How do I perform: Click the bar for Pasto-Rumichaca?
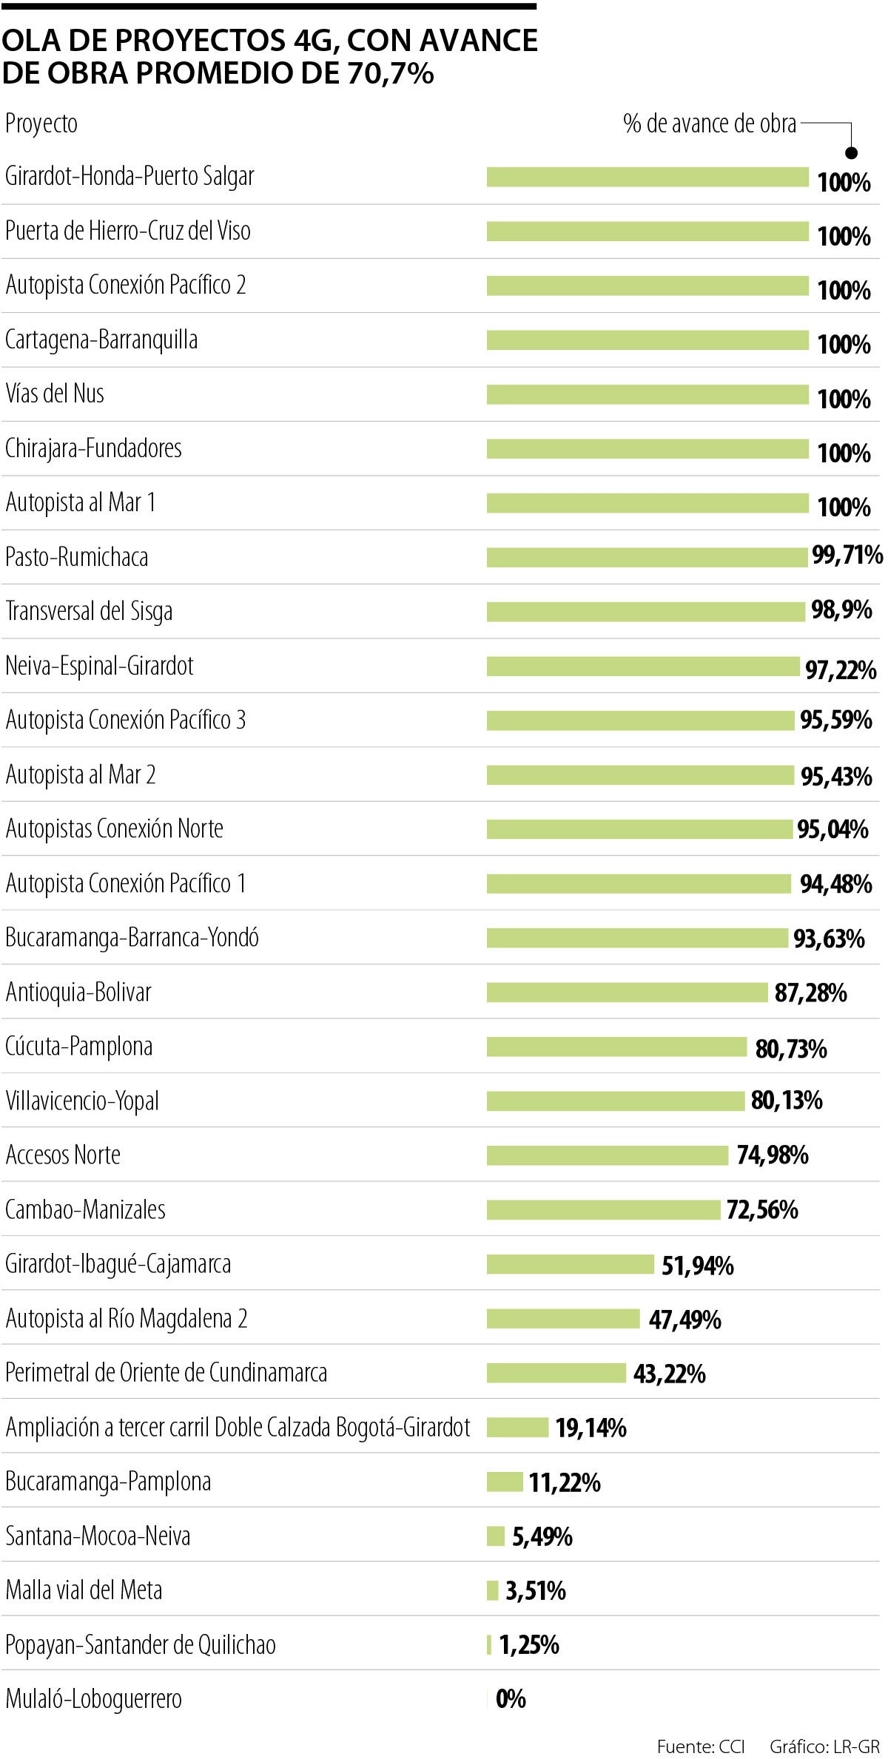(x=647, y=557)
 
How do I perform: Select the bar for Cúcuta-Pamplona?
(x=616, y=1047)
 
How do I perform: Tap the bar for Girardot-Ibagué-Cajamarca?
(x=570, y=1264)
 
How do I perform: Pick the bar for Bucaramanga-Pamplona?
(x=505, y=1482)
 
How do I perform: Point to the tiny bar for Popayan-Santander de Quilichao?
(x=489, y=1645)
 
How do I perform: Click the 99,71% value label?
(x=847, y=555)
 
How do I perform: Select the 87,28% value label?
(x=810, y=993)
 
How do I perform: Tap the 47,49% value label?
(x=684, y=1320)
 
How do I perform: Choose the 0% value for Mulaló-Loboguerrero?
(x=511, y=1699)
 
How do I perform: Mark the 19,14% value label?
(x=591, y=1428)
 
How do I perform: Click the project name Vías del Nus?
(x=55, y=394)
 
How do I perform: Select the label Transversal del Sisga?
(x=89, y=612)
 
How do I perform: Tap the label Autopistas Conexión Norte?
(x=114, y=829)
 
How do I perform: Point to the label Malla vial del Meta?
(x=84, y=1590)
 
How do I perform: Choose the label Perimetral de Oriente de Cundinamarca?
(x=166, y=1373)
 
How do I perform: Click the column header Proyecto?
(x=41, y=124)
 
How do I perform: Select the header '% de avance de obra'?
(x=710, y=124)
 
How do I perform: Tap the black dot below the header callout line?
(x=851, y=153)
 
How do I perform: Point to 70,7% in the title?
(x=389, y=73)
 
